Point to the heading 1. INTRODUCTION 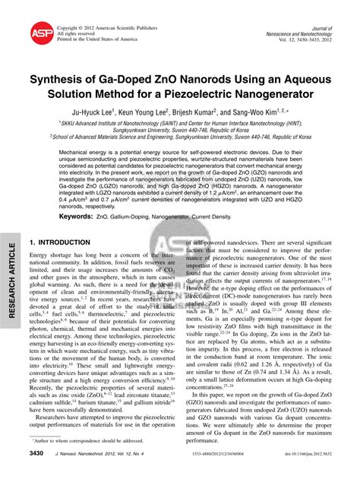click(x=60, y=243)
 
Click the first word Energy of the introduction click(x=39, y=256)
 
